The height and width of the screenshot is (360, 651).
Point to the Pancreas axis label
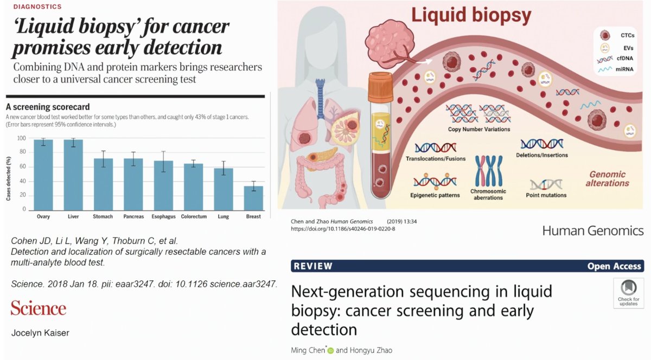[x=133, y=217]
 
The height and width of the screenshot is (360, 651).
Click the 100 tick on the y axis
[x=22, y=138]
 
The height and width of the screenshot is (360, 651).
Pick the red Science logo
[x=39, y=308]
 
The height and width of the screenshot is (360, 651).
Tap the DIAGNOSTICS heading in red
[x=34, y=7]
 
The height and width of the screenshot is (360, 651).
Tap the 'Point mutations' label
[x=546, y=195]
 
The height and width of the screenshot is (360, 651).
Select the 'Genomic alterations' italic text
[x=607, y=179]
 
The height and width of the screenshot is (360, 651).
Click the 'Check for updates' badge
[x=628, y=293]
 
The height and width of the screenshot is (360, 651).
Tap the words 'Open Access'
[x=614, y=266]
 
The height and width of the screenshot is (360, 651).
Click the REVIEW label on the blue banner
[x=312, y=266]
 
